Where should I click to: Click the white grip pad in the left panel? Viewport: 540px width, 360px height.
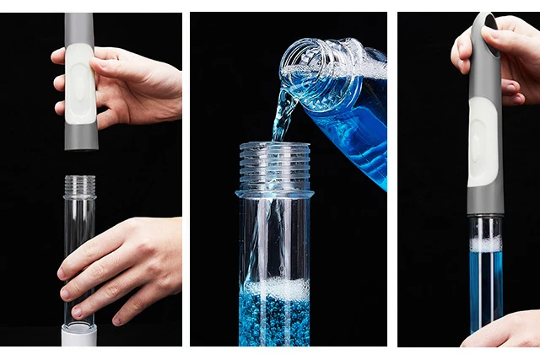(81, 83)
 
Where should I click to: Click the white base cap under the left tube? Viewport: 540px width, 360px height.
(79, 336)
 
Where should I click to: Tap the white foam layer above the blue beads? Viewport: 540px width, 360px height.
(275, 289)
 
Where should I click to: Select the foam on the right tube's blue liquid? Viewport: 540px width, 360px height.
(485, 244)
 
